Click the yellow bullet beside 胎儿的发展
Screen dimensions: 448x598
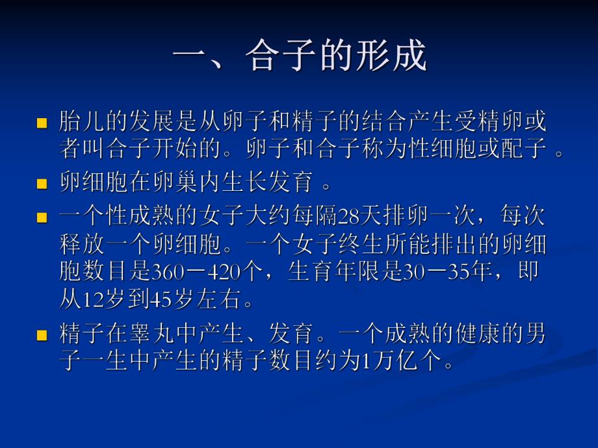[x=42, y=123]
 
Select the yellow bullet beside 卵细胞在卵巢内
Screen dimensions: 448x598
[x=42, y=184]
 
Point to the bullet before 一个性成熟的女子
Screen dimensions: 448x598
[x=42, y=218]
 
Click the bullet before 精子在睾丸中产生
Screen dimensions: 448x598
[x=42, y=336]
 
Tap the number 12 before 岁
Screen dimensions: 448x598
[x=90, y=301]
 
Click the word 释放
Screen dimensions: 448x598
[x=76, y=245]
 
